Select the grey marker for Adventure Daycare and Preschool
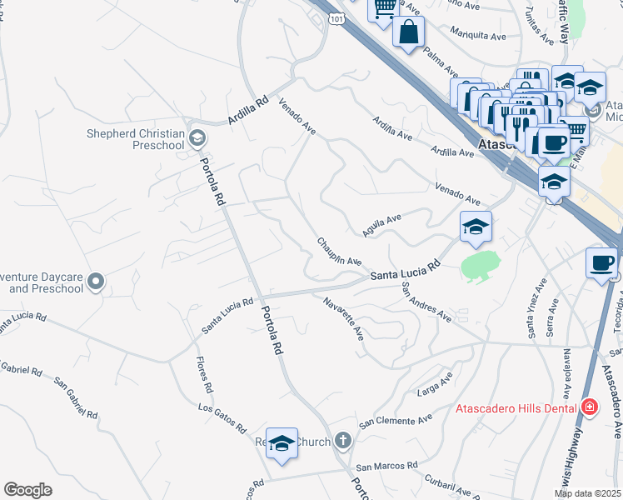(x=97, y=282)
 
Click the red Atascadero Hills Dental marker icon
(x=590, y=407)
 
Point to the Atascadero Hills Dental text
(x=516, y=408)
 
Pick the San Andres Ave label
(x=426, y=302)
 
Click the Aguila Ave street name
(x=382, y=223)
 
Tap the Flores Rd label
(x=202, y=376)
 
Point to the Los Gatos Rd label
(x=222, y=417)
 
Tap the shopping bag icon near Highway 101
(x=409, y=32)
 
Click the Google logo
(x=27, y=490)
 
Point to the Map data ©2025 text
(x=587, y=493)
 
